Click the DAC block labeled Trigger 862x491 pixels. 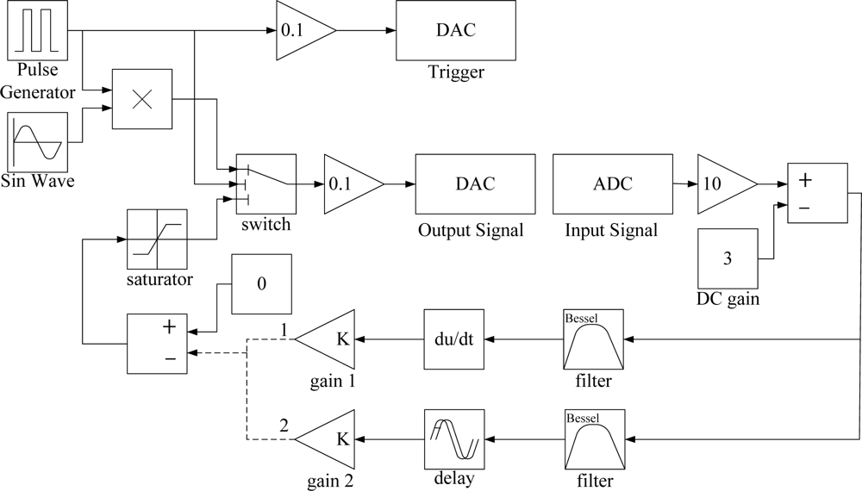point(455,30)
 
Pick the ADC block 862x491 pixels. point(612,184)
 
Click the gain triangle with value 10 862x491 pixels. point(722,184)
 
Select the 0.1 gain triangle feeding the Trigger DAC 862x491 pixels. point(301,30)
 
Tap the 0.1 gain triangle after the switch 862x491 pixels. point(349,184)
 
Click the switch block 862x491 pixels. point(266,184)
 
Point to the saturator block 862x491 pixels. point(156,239)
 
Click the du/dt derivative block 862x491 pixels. point(455,340)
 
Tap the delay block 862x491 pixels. point(455,439)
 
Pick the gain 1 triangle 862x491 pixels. point(329,340)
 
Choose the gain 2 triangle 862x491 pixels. point(329,439)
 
